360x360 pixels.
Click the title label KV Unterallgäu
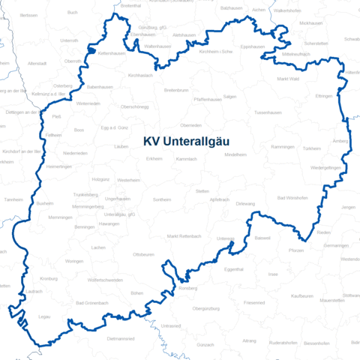coord(187,140)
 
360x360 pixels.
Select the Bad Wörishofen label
coord(292,198)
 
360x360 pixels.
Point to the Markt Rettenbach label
coord(184,236)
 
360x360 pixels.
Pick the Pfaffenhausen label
coord(206,99)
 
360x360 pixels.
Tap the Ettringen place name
coord(324,97)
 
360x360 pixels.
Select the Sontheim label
coord(162,200)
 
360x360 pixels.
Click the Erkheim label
coord(154,159)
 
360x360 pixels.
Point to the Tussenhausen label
coord(267,112)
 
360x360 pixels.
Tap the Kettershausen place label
coord(110,54)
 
